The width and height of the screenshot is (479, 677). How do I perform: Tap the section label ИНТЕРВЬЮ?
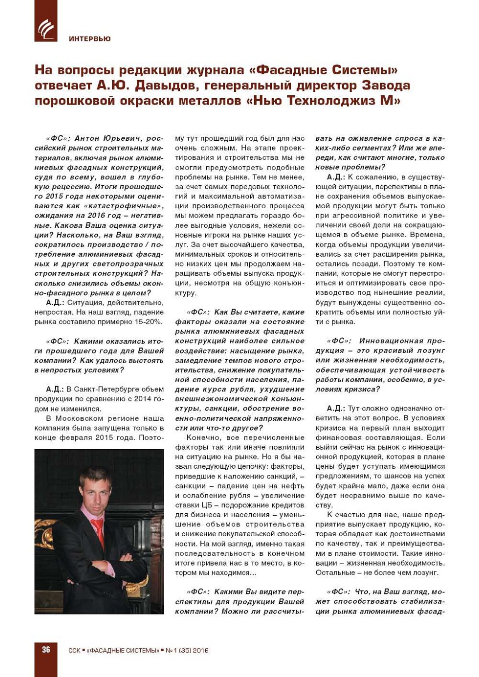pos(89,39)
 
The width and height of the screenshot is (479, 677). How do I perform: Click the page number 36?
pos(46,650)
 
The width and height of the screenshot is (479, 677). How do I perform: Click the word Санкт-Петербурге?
pos(101,389)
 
